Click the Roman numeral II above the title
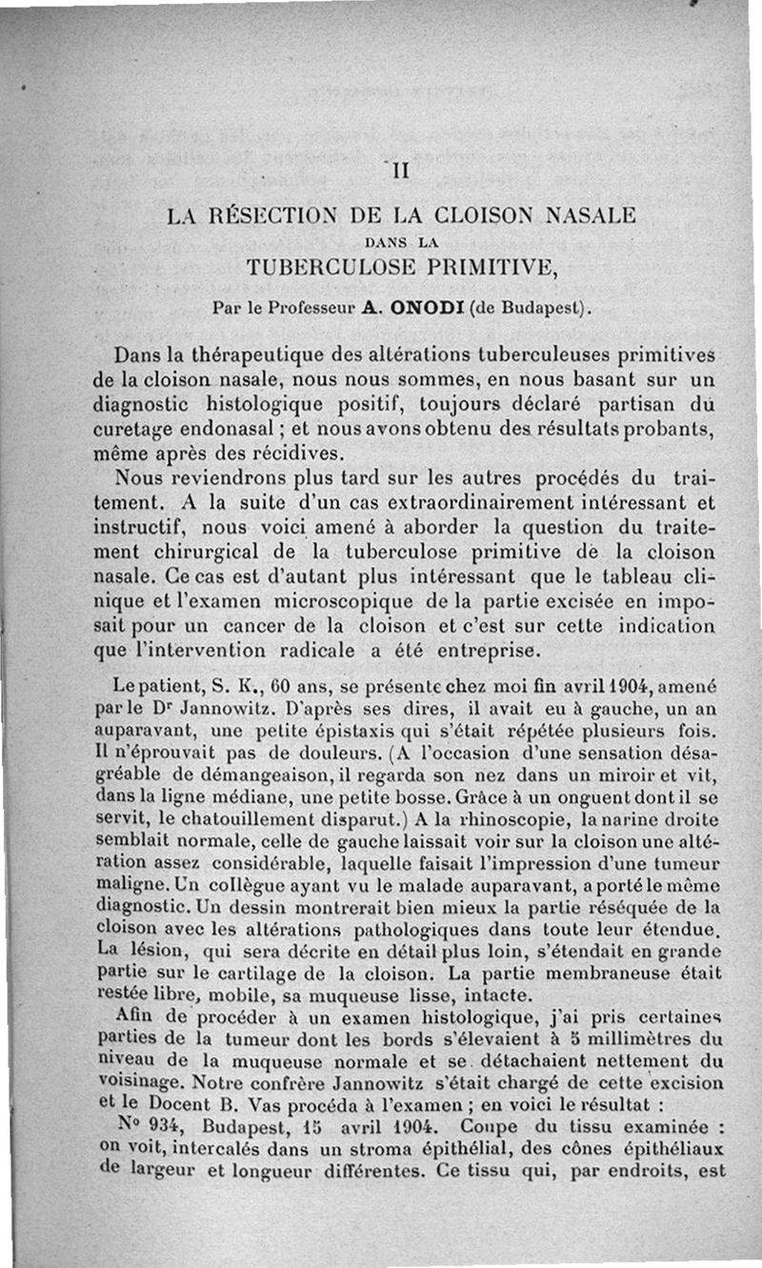click(400, 172)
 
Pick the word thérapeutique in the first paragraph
click(252, 356)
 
